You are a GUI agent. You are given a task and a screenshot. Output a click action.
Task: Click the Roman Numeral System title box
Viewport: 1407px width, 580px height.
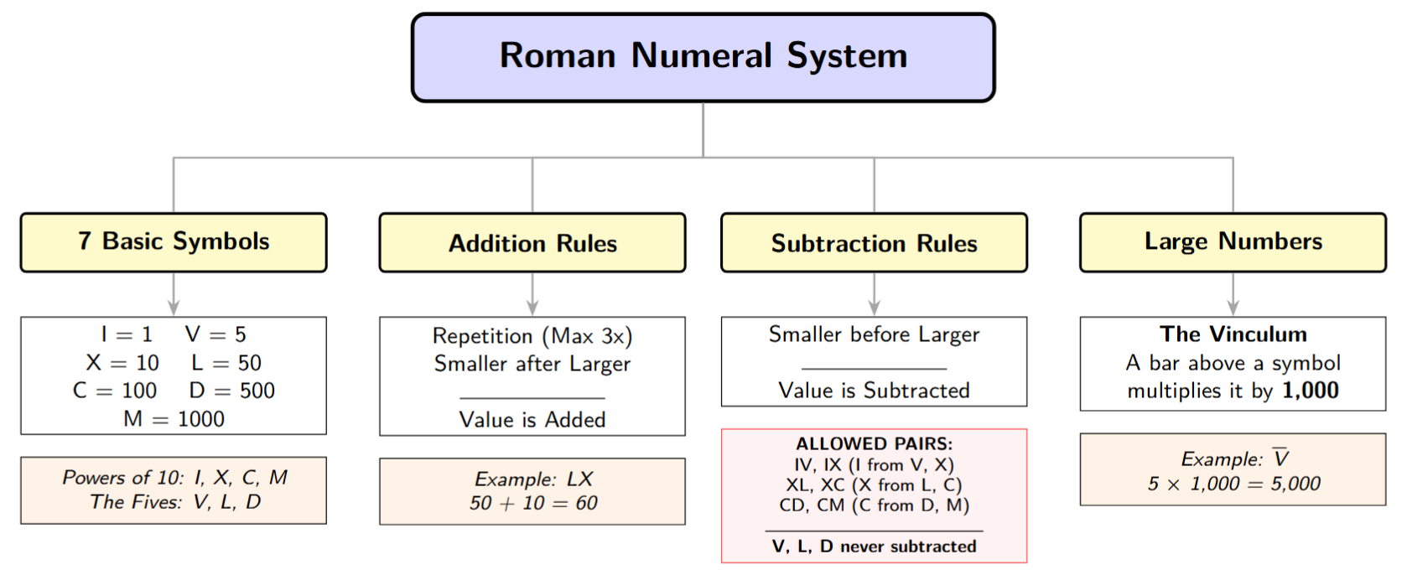pos(703,57)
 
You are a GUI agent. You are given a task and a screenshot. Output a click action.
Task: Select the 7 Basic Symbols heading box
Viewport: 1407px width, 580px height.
pos(174,242)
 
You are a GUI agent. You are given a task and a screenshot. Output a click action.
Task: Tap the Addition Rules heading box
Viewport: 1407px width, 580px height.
pos(532,243)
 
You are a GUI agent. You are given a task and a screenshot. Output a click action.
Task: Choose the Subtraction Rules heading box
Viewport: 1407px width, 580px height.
pos(874,243)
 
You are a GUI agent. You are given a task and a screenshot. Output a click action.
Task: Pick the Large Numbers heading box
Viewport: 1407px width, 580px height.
pos(1233,242)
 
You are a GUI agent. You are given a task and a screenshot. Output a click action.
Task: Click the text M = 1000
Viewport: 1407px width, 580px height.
pos(174,419)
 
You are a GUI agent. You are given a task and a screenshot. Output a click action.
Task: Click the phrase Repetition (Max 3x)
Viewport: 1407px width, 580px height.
pos(532,336)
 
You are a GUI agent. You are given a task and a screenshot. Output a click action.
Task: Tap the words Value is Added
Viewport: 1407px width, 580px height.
pos(532,420)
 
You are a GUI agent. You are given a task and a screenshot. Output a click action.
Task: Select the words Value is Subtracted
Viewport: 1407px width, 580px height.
pos(874,391)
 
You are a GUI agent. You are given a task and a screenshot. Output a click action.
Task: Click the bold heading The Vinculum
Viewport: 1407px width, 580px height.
pos(1233,334)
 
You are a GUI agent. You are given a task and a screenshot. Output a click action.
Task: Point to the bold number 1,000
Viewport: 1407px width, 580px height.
pos(1311,391)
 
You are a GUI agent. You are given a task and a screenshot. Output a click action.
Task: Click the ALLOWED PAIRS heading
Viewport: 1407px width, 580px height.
pos(874,444)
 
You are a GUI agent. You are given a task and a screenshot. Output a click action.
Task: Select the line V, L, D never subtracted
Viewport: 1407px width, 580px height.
pos(874,546)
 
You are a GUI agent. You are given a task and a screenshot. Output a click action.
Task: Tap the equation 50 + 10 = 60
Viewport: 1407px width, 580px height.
pos(532,504)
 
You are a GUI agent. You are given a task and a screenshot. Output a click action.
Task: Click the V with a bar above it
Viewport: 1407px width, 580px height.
pos(1280,458)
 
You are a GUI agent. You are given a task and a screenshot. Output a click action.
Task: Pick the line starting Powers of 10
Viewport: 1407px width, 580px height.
pos(174,478)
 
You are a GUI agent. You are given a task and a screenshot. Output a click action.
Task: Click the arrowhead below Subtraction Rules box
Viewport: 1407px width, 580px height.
pos(874,308)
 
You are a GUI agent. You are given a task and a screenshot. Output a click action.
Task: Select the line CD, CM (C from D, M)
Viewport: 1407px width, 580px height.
pos(874,505)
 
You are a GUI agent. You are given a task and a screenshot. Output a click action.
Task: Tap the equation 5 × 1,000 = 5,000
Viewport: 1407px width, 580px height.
pos(1233,484)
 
